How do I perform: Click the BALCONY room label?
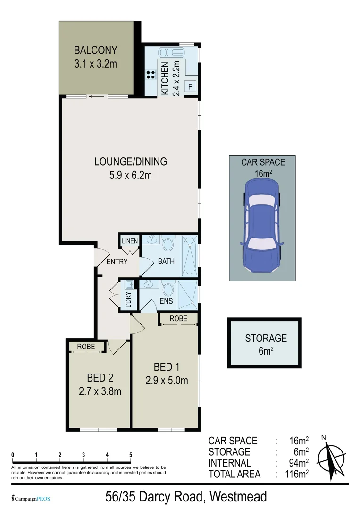[95, 50]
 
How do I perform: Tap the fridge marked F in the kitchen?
[190, 86]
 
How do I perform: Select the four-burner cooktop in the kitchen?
[151, 74]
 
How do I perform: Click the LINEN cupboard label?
[130, 241]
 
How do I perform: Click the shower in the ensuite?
[188, 292]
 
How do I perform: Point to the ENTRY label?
[117, 262]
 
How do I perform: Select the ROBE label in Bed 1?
[178, 319]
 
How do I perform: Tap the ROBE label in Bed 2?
[86, 347]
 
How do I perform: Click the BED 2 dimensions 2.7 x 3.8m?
[100, 391]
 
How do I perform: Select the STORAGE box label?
[266, 338]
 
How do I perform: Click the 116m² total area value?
[299, 474]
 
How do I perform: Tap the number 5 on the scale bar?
[131, 455]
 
